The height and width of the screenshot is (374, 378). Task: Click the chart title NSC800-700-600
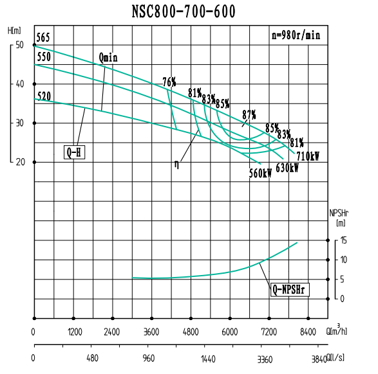click(184, 12)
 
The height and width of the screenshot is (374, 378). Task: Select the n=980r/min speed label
click(296, 36)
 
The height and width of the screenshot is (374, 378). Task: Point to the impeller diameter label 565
click(43, 37)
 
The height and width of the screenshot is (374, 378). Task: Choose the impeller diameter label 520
click(44, 96)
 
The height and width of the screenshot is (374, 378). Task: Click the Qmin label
click(108, 58)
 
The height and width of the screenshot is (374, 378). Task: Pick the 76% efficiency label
click(169, 82)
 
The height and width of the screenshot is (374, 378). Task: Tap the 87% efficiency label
click(249, 114)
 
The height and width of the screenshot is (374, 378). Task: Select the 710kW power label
click(308, 156)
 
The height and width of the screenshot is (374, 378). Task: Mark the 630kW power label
click(287, 168)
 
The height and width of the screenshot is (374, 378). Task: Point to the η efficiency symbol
click(176, 165)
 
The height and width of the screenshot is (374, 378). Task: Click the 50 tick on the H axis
click(19, 45)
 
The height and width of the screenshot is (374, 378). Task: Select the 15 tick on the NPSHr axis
click(344, 240)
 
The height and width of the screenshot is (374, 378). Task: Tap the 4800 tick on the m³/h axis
click(191, 333)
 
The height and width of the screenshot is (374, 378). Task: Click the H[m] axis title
click(14, 30)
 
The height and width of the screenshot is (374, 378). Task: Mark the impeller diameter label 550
click(44, 57)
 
